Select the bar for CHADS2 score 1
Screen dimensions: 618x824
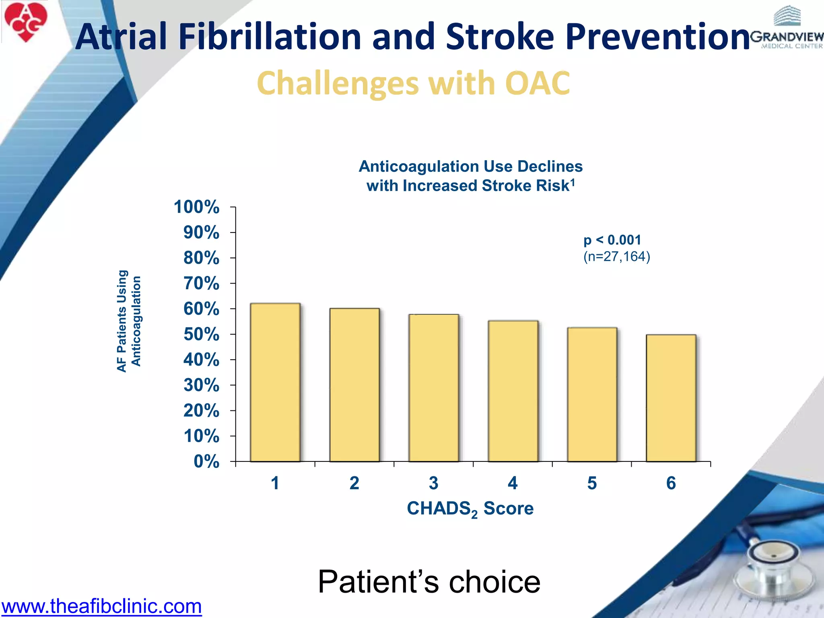click(x=275, y=382)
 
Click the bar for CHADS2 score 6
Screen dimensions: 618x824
click(x=671, y=398)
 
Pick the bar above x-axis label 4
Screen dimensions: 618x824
click(x=513, y=391)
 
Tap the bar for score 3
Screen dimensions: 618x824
click(x=434, y=388)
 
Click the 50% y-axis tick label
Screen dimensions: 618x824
click(x=201, y=334)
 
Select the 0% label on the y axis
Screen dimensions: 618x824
click(x=206, y=461)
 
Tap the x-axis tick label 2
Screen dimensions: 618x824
click(x=354, y=483)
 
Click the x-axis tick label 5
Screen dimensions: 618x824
click(x=592, y=483)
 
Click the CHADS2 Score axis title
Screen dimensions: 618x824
click(x=470, y=509)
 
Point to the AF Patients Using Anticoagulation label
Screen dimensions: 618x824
click(x=129, y=321)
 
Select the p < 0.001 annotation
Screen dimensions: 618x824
click(x=612, y=240)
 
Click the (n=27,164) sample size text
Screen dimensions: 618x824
click(x=616, y=257)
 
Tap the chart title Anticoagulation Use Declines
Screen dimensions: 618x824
click(x=470, y=167)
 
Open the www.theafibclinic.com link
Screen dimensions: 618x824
click(x=101, y=606)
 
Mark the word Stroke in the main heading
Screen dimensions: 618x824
click(x=500, y=37)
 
